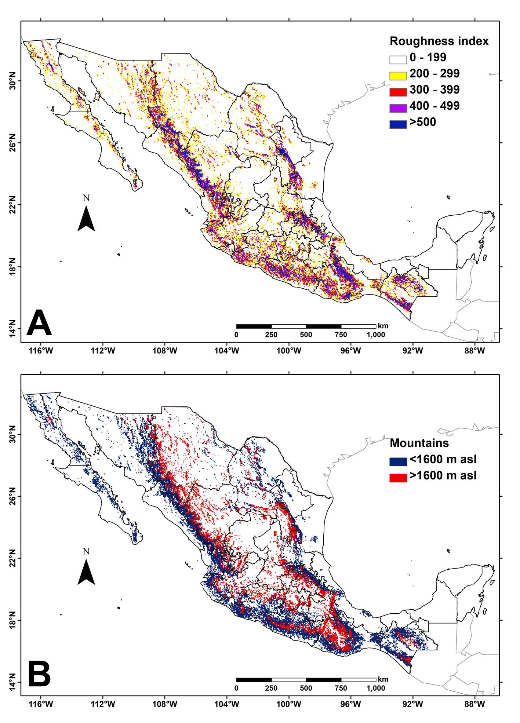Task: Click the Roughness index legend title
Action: (439, 41)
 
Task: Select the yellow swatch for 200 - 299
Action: (398, 76)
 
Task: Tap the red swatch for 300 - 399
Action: (398, 92)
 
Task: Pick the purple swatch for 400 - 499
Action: (398, 108)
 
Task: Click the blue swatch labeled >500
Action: (398, 124)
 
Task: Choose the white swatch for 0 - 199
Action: (398, 59)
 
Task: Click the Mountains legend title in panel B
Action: (419, 443)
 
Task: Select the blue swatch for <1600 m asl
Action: (398, 461)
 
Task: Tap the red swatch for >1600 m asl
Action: (398, 478)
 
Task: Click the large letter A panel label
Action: (39, 323)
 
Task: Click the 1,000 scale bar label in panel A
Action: (376, 335)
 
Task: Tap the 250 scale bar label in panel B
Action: (271, 688)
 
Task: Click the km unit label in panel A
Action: (383, 326)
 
